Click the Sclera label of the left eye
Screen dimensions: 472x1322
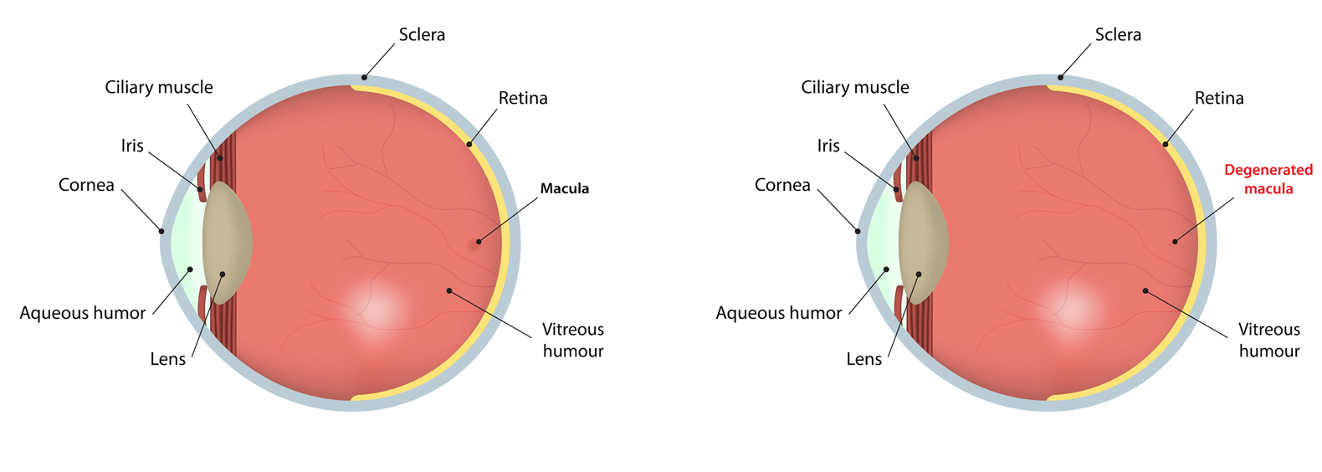[422, 34]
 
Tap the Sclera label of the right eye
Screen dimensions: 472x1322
[1118, 34]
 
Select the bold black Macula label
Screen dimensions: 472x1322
[564, 188]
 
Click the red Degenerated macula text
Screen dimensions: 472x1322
[1268, 179]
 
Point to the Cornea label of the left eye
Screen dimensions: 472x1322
[86, 185]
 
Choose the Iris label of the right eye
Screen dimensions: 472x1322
[828, 146]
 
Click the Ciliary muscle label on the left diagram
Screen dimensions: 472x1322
[159, 87]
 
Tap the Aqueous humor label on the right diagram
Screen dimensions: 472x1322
[778, 313]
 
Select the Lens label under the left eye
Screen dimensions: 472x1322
[167, 359]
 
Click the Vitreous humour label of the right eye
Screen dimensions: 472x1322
[1269, 340]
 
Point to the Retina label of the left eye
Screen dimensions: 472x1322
[523, 98]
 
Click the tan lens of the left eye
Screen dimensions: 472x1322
[228, 243]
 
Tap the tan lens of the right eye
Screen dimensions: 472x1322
[924, 243]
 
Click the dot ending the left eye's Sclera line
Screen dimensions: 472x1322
[365, 78]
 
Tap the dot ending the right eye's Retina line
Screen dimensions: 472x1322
[1166, 144]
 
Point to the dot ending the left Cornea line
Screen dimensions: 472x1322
[161, 232]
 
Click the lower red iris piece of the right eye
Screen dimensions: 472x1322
[899, 303]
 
